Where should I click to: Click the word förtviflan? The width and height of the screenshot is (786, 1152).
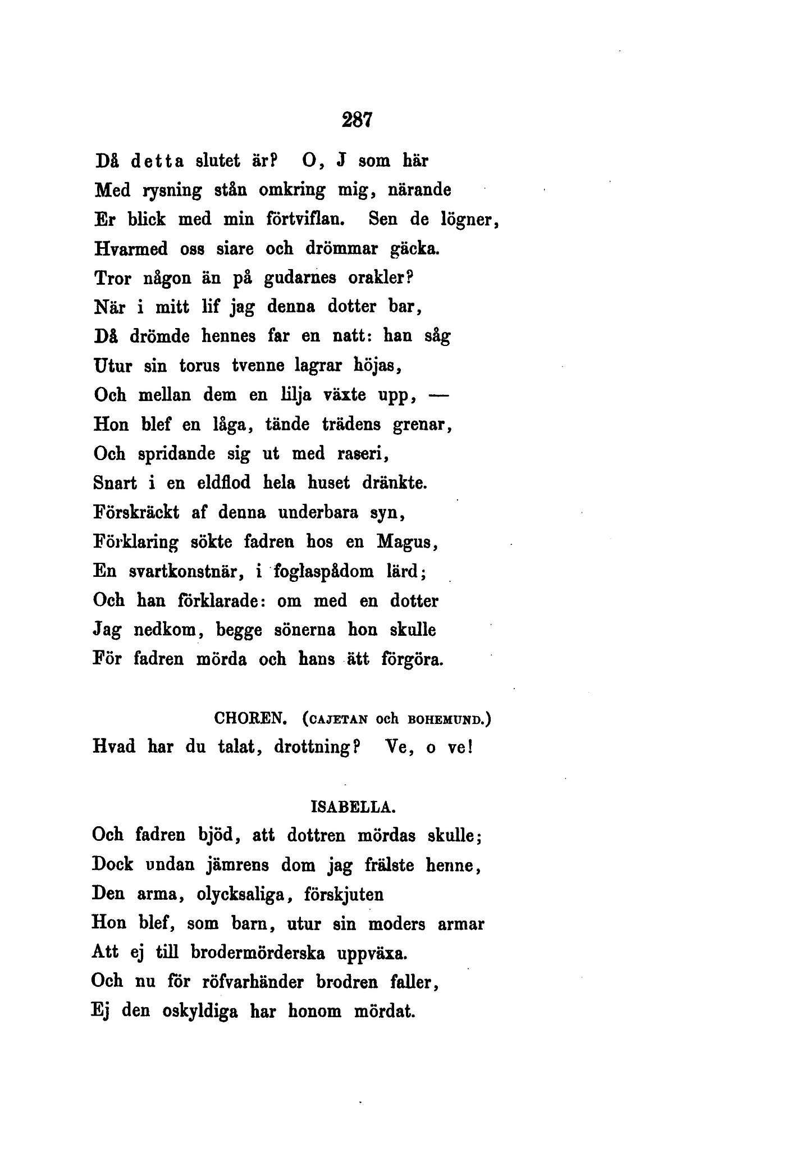point(304,219)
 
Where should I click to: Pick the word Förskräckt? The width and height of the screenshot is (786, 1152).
point(135,512)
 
